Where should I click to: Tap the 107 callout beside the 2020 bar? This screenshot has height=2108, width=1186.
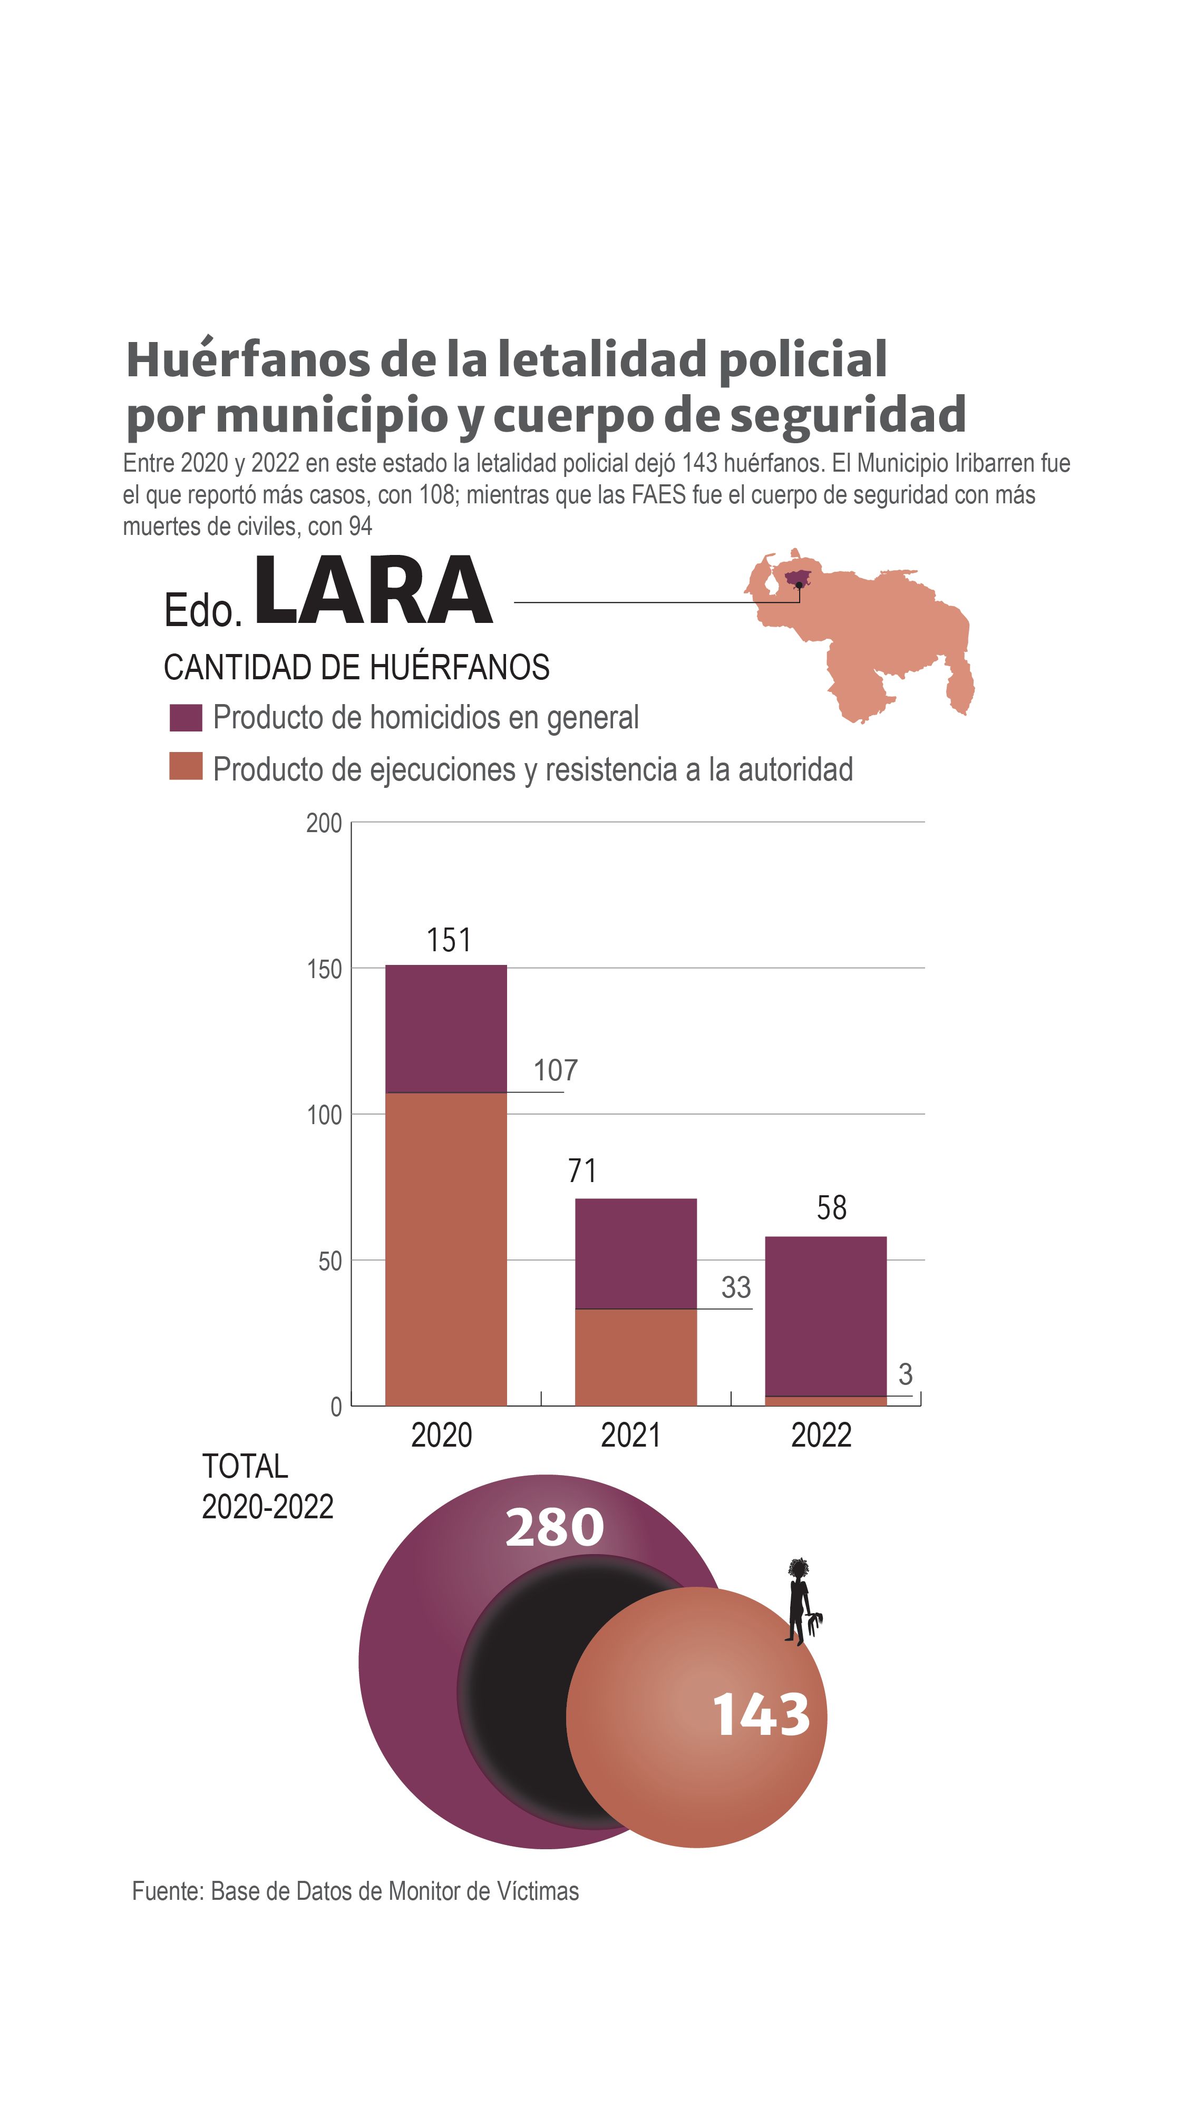click(x=556, y=1070)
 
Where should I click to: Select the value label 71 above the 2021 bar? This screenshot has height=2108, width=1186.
click(x=582, y=1171)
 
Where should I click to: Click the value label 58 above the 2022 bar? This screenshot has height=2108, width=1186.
click(x=832, y=1208)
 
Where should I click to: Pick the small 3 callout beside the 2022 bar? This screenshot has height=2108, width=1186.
click(x=905, y=1374)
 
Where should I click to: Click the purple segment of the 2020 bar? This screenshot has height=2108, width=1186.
click(x=446, y=1029)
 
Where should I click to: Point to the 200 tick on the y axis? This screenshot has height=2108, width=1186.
click(x=324, y=823)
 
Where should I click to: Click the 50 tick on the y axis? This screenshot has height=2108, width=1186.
click(x=330, y=1262)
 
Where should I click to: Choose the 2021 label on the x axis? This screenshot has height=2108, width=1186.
click(x=630, y=1436)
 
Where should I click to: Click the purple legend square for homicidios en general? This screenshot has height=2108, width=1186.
click(x=186, y=718)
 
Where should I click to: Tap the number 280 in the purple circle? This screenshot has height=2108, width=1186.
click(x=554, y=1528)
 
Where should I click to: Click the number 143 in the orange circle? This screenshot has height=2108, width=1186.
click(x=761, y=1716)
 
